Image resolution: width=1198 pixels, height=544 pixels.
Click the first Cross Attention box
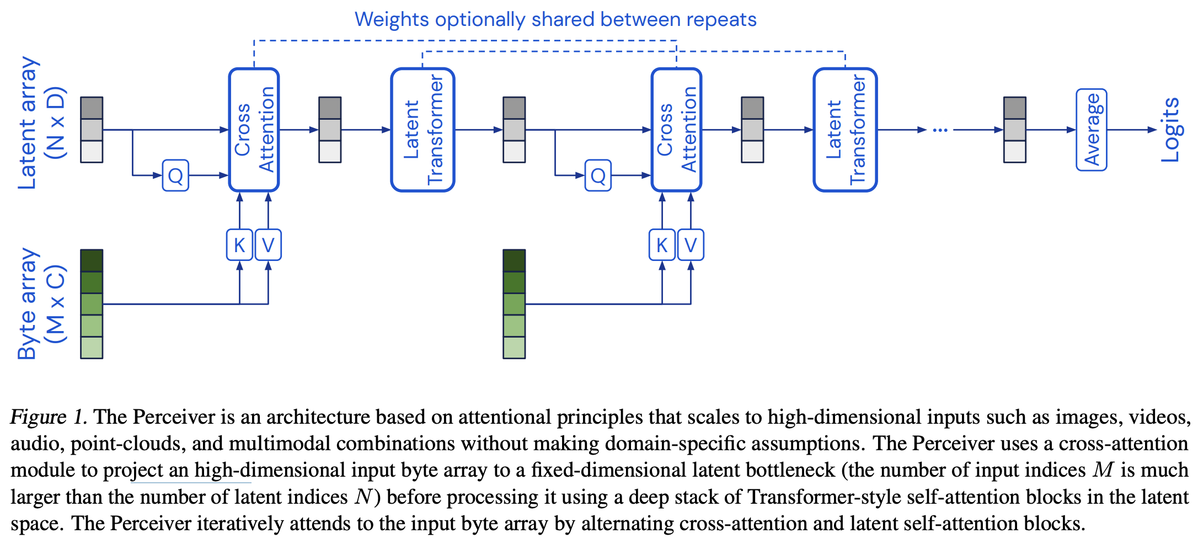coord(254,130)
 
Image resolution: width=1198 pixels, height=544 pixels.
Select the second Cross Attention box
coord(676,130)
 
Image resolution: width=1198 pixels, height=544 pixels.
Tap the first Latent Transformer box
coord(422,130)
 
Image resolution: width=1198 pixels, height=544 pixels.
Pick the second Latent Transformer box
coord(845,130)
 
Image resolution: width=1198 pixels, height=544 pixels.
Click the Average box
coord(1091,130)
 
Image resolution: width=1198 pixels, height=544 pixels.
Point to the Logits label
coord(1170,130)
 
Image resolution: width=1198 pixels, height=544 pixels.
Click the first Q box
coord(175,175)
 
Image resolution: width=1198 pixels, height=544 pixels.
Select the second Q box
coord(598,175)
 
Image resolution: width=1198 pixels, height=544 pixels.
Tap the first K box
coord(239,245)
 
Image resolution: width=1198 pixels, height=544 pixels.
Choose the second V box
coord(691,245)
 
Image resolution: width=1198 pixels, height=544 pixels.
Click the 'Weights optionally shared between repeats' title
coord(555,19)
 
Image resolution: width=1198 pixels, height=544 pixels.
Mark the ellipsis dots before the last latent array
coord(940,130)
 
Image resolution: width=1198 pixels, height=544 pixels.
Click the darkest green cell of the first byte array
coord(92,260)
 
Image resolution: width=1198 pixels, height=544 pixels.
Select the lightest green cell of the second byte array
coord(514,348)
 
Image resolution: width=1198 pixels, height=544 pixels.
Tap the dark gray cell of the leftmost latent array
coord(92,108)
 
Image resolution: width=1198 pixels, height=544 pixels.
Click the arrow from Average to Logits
coord(1131,130)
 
